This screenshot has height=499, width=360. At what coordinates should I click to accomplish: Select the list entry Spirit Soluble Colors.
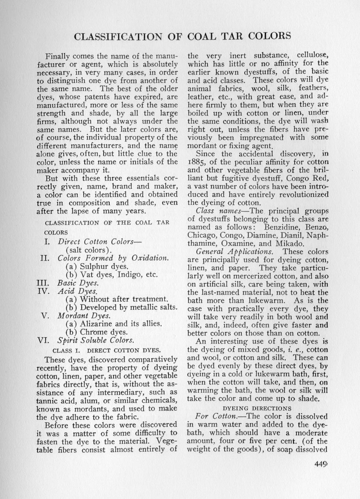96,340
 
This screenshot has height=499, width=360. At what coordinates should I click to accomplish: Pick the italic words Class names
216,211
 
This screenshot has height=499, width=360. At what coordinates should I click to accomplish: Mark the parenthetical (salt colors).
88,250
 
